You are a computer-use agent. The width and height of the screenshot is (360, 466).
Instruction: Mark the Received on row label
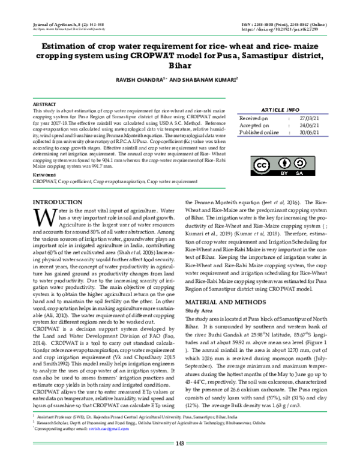pos(254,119)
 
